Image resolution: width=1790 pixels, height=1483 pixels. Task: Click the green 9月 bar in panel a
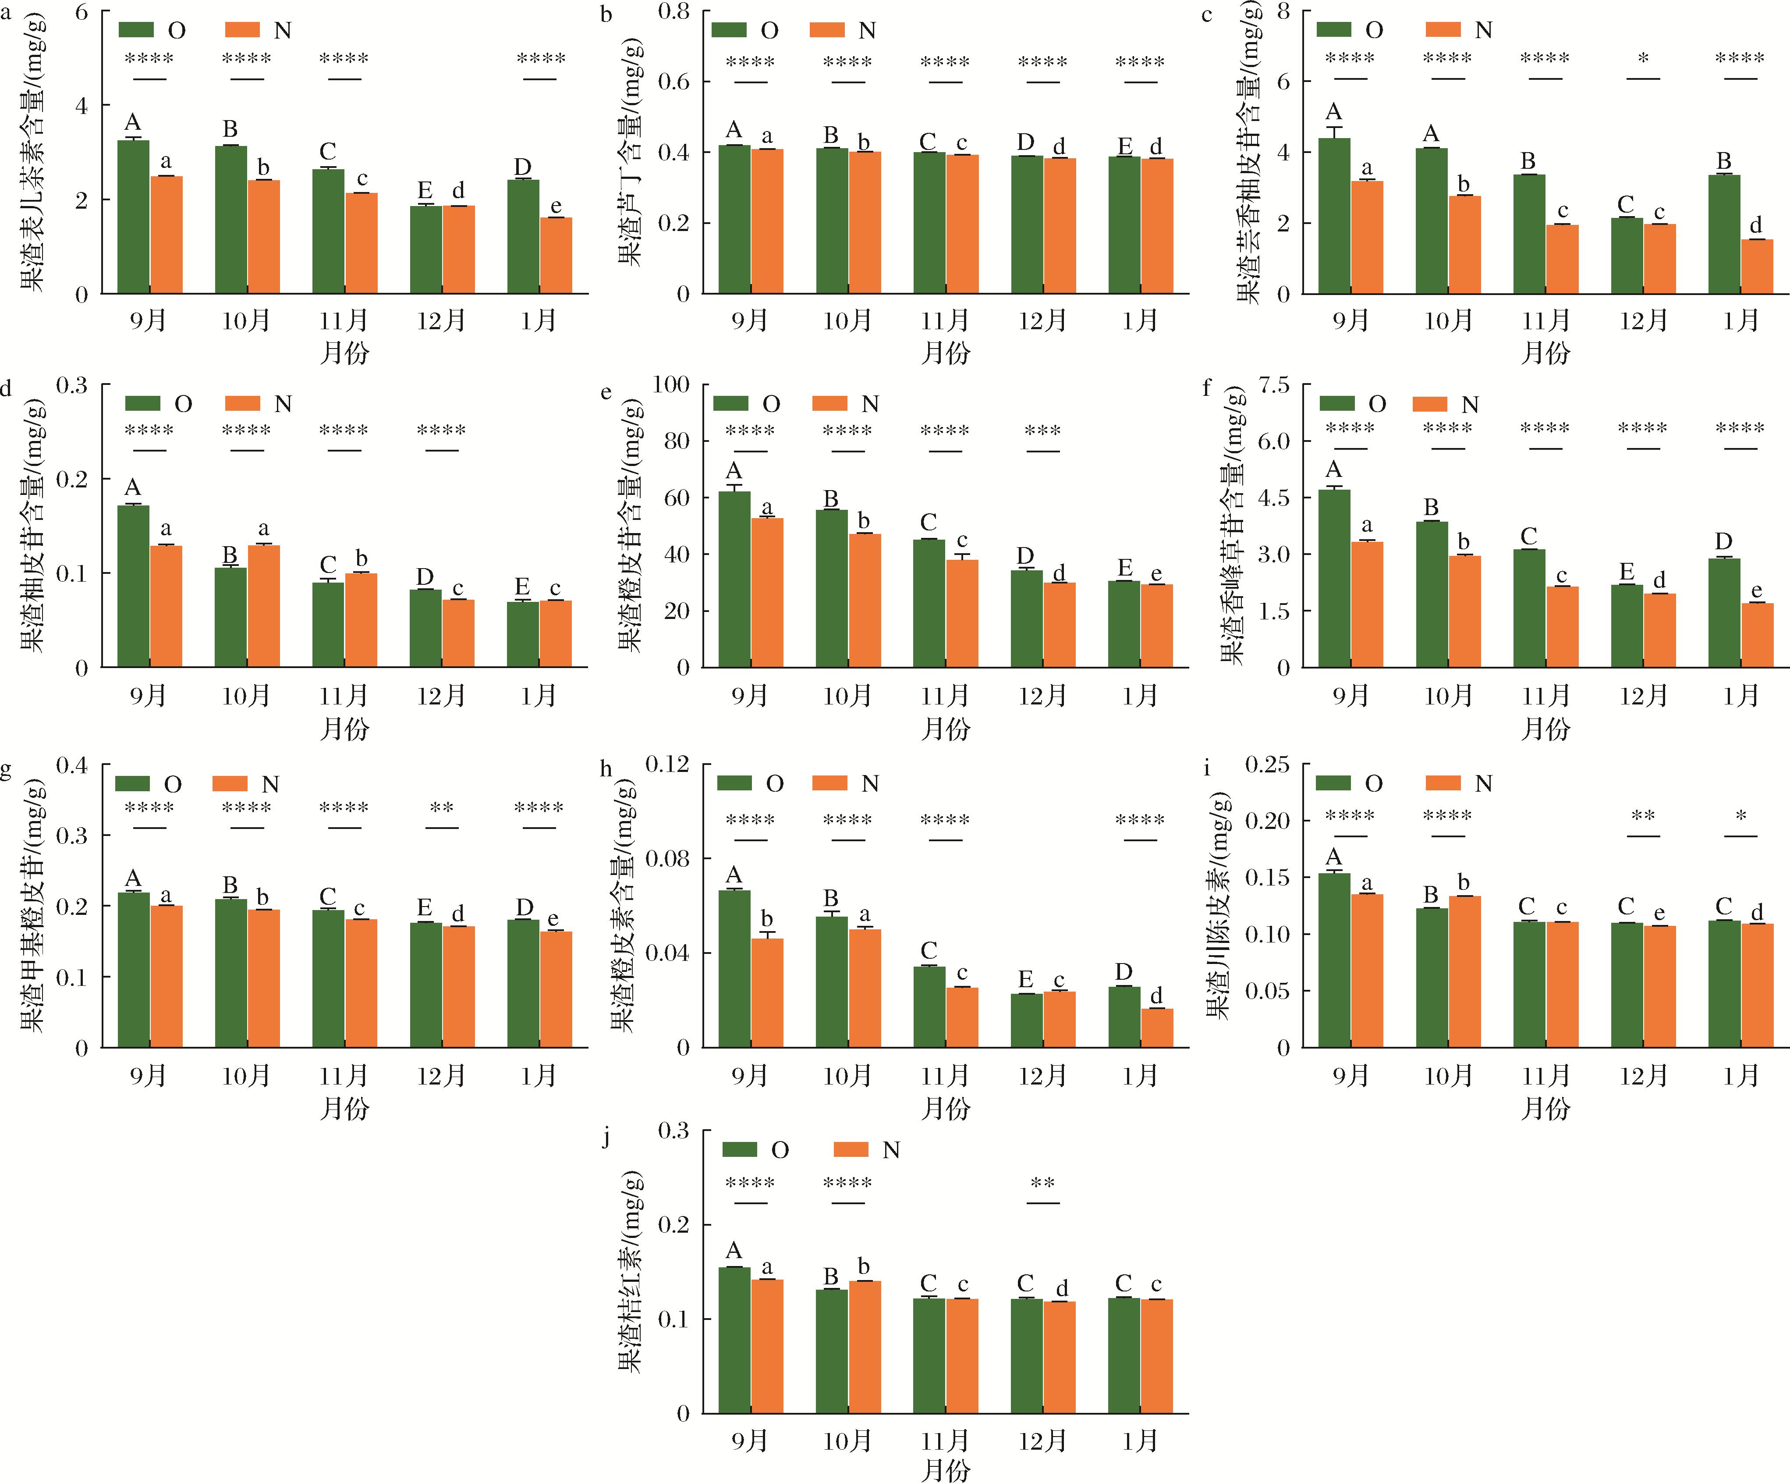pos(134,217)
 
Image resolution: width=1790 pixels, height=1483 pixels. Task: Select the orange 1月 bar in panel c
pos(1757,267)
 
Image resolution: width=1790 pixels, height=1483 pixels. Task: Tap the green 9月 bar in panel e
pos(735,580)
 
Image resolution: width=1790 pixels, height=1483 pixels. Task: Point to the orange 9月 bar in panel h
pos(767,993)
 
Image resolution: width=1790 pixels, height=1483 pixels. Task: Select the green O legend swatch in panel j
pos(740,1149)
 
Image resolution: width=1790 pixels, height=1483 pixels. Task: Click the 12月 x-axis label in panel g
pos(442,1076)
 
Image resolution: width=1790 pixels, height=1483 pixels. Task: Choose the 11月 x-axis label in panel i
pos(1545,1076)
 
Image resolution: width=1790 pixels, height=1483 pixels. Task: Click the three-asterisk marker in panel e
pos(1042,430)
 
